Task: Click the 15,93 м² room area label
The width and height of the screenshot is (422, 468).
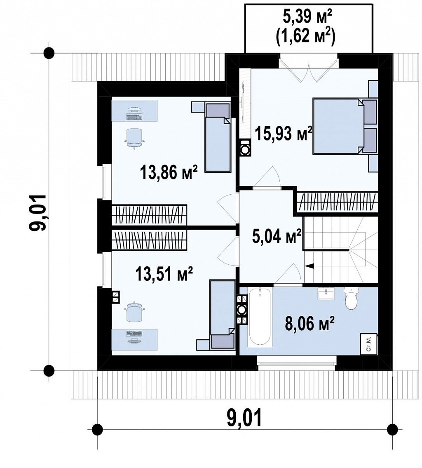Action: pos(283,134)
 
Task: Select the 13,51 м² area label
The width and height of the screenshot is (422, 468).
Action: pos(164,273)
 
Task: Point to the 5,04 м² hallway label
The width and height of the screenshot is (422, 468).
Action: pos(276,237)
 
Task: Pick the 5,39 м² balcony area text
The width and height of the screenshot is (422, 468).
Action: pos(307,18)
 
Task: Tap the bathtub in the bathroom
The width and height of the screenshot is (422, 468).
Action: pos(260,317)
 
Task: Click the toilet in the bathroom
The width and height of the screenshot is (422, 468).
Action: pos(351,298)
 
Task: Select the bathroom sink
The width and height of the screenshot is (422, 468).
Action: pos(326,294)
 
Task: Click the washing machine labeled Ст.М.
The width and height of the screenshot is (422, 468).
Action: pos(369,344)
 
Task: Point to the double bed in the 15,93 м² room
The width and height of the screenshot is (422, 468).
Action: pos(345,126)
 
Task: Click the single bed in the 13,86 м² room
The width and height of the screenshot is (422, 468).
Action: pos(218,137)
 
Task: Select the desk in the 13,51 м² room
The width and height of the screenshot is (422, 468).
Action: pos(134,339)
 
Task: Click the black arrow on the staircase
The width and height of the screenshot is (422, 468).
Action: pos(308,266)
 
